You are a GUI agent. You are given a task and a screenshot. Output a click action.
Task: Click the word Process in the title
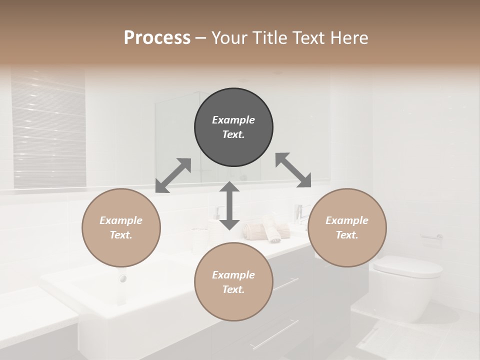(x=157, y=38)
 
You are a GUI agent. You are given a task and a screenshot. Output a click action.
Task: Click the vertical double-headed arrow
(x=229, y=205)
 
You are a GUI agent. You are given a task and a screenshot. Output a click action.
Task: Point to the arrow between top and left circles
(x=173, y=175)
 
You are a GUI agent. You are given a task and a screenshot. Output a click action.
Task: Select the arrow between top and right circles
(x=293, y=170)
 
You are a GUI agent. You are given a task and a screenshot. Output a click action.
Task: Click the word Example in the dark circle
(x=233, y=120)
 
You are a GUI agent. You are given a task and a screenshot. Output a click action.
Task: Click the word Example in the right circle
(x=347, y=220)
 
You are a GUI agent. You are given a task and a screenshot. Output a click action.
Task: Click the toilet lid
(x=407, y=266)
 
